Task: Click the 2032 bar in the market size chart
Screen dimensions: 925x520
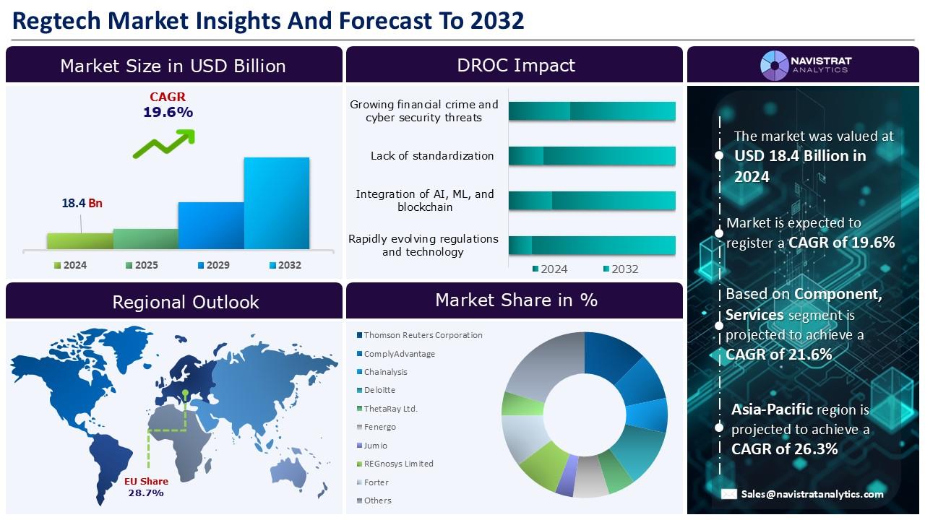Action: tap(277, 203)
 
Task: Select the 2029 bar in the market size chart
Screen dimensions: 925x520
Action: tap(211, 225)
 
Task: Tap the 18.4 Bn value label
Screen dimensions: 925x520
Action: tap(82, 203)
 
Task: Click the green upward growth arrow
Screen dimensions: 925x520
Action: tap(164, 144)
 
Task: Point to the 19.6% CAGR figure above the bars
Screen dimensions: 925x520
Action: tap(168, 112)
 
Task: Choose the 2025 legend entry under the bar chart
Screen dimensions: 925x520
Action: tap(142, 265)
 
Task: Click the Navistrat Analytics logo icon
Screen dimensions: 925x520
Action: tap(775, 65)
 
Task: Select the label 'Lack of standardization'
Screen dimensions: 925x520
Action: tap(432, 155)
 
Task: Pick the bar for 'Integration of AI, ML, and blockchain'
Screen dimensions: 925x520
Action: tap(592, 201)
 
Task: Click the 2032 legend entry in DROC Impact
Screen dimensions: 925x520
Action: tap(621, 269)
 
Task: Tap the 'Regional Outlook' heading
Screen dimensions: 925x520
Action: tap(186, 302)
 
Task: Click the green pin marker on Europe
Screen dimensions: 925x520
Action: tap(186, 392)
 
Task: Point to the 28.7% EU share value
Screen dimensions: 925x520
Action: tap(146, 493)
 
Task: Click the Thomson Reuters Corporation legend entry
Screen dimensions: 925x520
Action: tap(420, 335)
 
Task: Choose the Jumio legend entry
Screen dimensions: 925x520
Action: tap(372, 446)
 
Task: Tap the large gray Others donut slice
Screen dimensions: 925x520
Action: tap(544, 365)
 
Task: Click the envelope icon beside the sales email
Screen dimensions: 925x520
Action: tap(729, 494)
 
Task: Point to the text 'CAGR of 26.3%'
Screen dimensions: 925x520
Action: tap(785, 449)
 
